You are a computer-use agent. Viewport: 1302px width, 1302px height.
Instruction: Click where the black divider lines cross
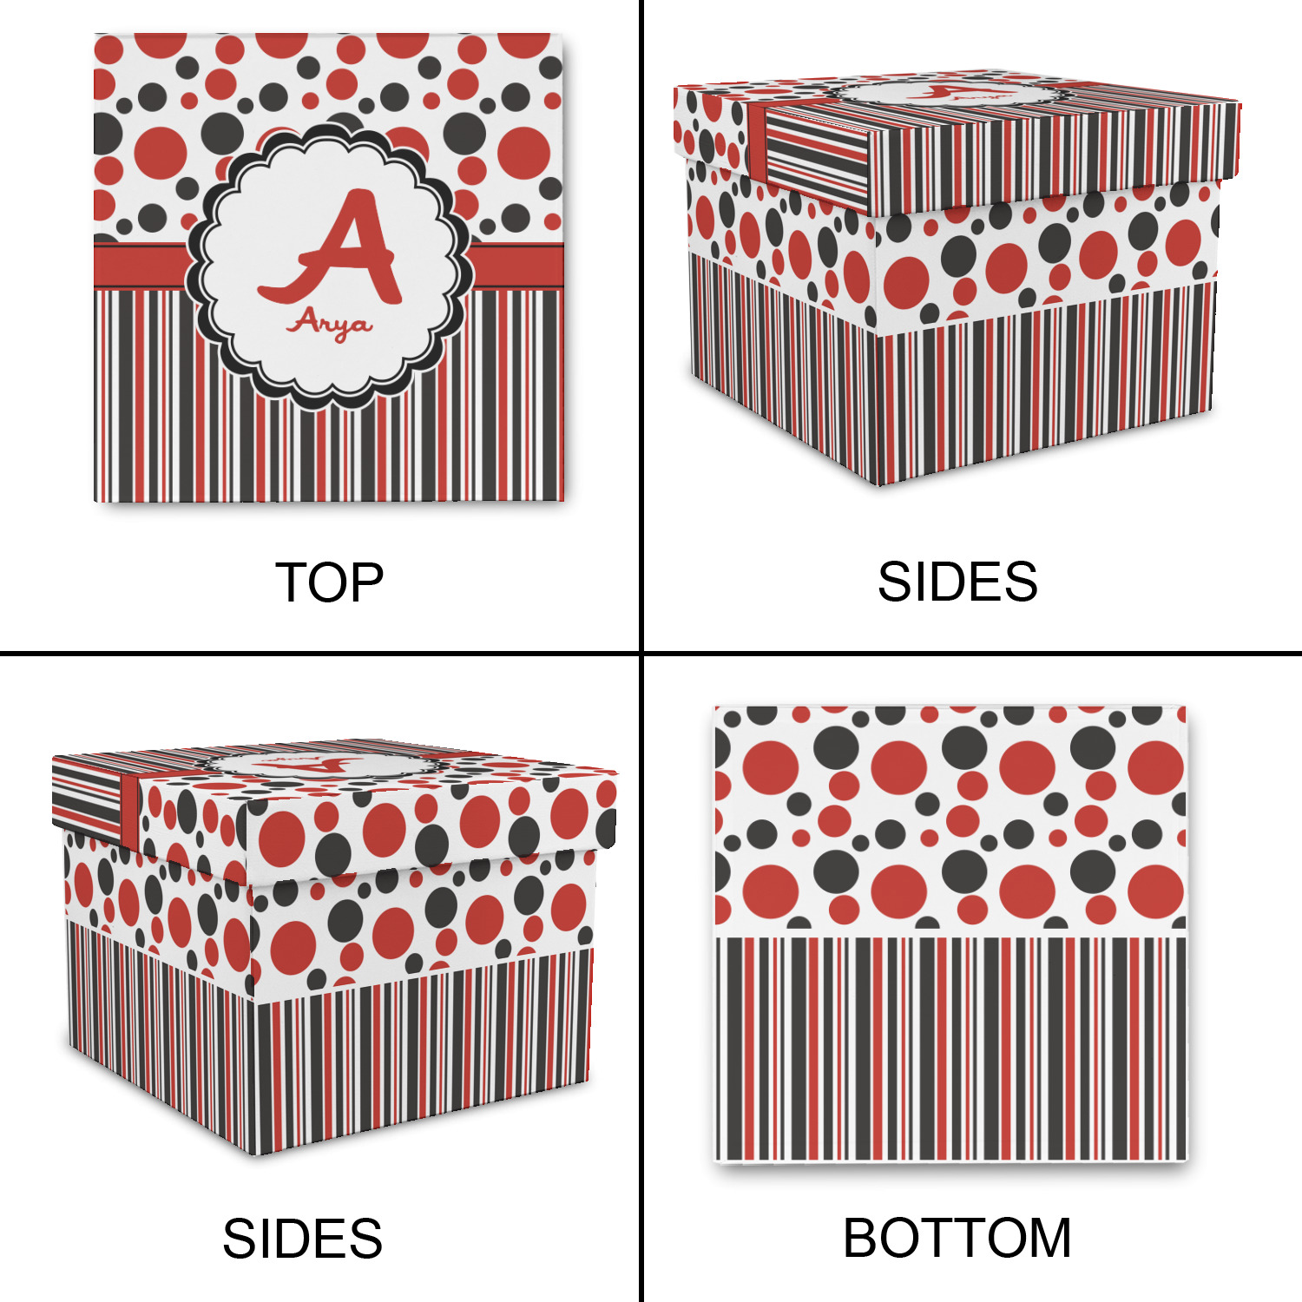[641, 653]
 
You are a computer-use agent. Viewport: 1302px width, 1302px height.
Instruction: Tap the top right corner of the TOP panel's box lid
[564, 34]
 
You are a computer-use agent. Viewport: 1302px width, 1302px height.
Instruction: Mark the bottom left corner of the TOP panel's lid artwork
[94, 502]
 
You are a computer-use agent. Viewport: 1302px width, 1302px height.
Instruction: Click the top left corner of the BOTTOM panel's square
[714, 707]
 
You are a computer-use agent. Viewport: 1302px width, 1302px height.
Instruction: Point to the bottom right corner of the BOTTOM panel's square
[1187, 1161]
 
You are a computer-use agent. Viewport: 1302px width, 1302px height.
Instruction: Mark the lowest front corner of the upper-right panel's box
[878, 484]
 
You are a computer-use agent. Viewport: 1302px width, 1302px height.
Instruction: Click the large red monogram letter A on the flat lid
[331, 250]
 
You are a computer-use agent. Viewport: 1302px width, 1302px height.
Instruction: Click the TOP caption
[330, 582]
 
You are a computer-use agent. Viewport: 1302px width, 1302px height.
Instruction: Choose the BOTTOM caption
[957, 1238]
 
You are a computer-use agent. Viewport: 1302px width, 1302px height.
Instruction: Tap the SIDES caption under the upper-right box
[957, 582]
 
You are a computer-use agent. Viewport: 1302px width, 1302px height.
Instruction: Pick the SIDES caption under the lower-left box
[302, 1239]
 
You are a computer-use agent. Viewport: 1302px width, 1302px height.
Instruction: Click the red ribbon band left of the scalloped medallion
[141, 266]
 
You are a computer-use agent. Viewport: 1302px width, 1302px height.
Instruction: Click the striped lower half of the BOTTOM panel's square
[950, 1049]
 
